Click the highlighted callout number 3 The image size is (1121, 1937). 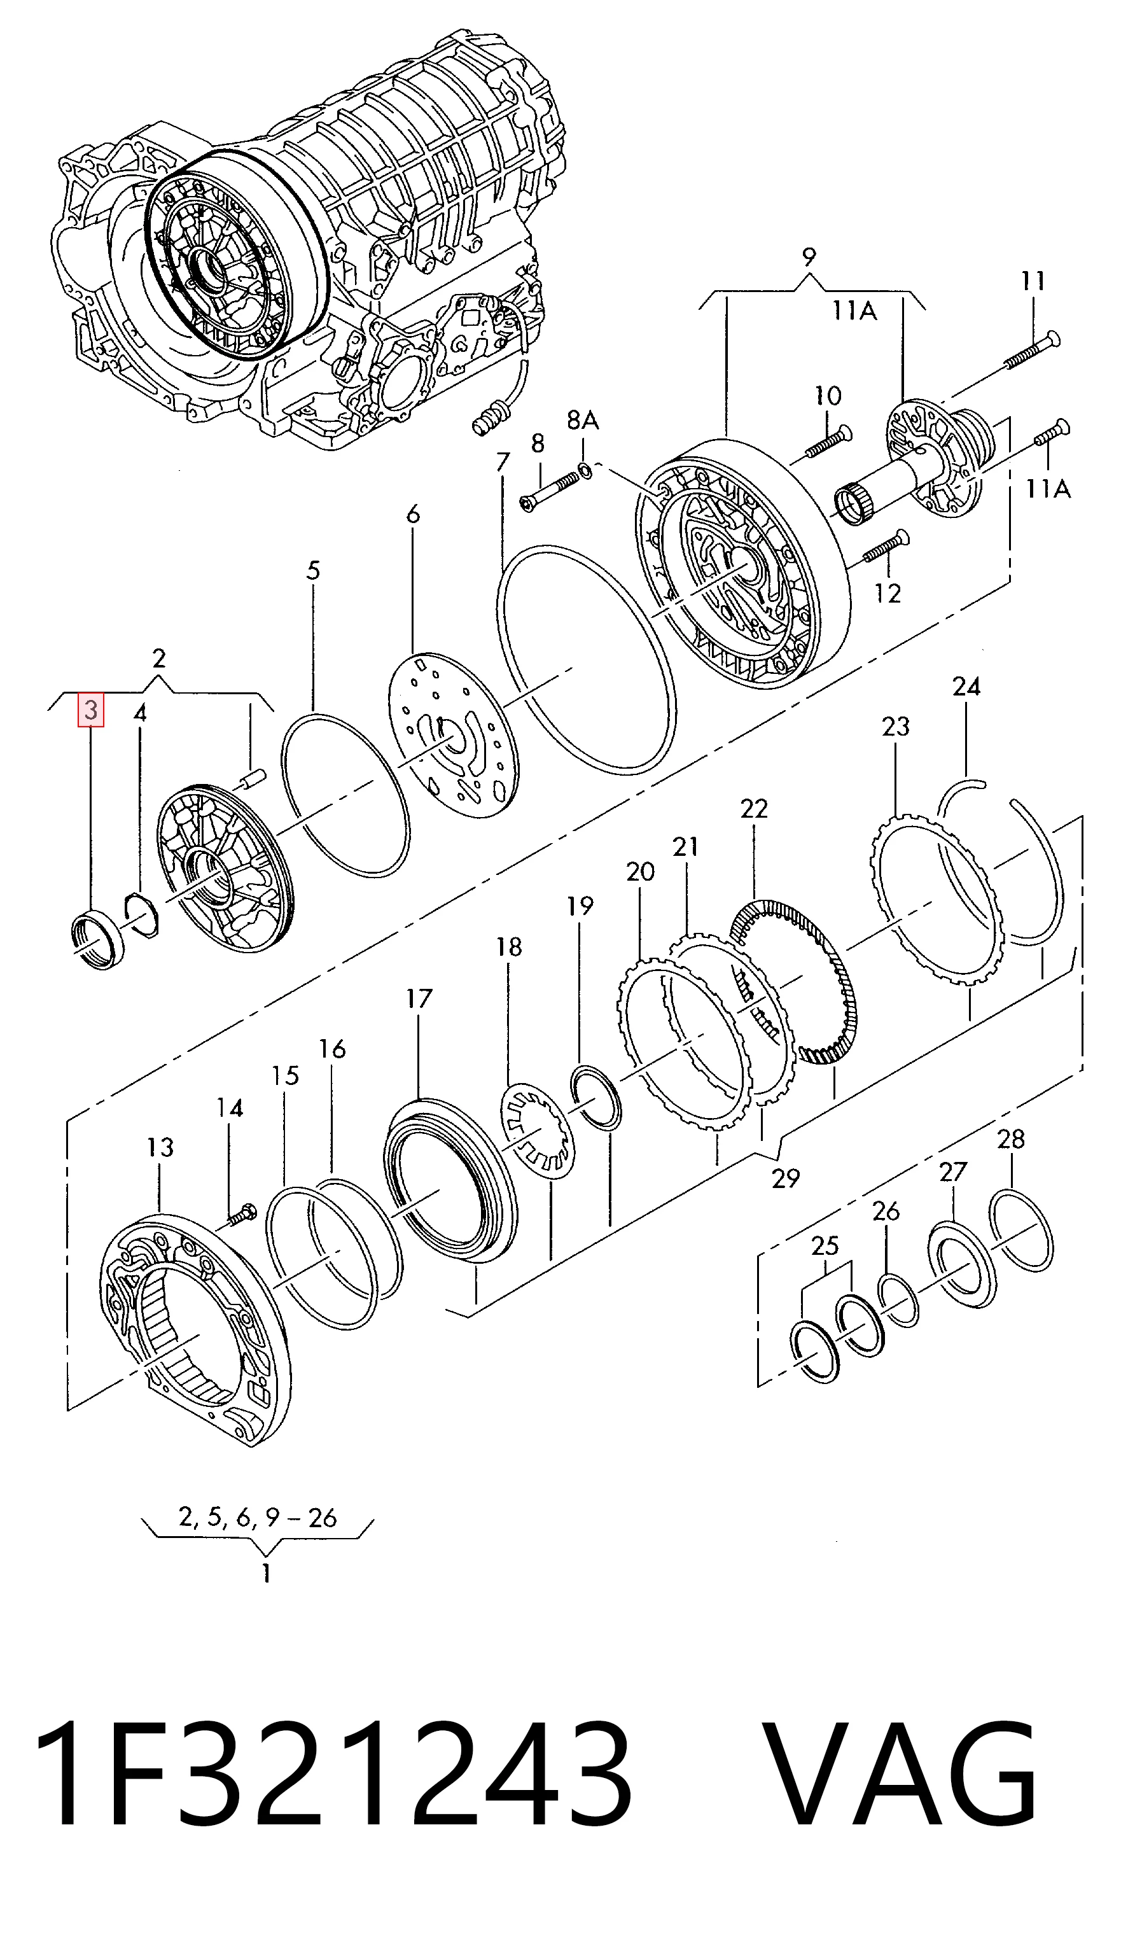(91, 710)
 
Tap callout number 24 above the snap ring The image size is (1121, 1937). (966, 685)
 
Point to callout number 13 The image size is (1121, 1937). (160, 1147)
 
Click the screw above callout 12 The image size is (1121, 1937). (886, 546)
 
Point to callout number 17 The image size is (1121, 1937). (419, 998)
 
